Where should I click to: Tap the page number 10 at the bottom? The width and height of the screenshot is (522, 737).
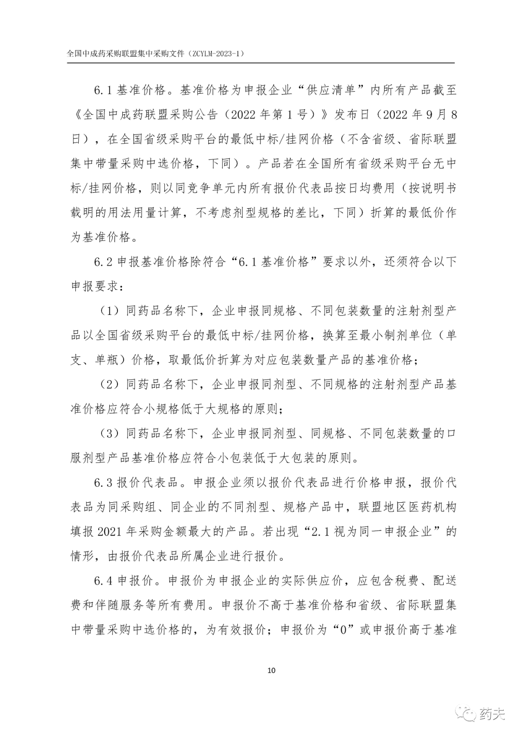coord(271,670)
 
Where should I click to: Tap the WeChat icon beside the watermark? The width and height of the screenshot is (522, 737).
coord(468,713)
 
